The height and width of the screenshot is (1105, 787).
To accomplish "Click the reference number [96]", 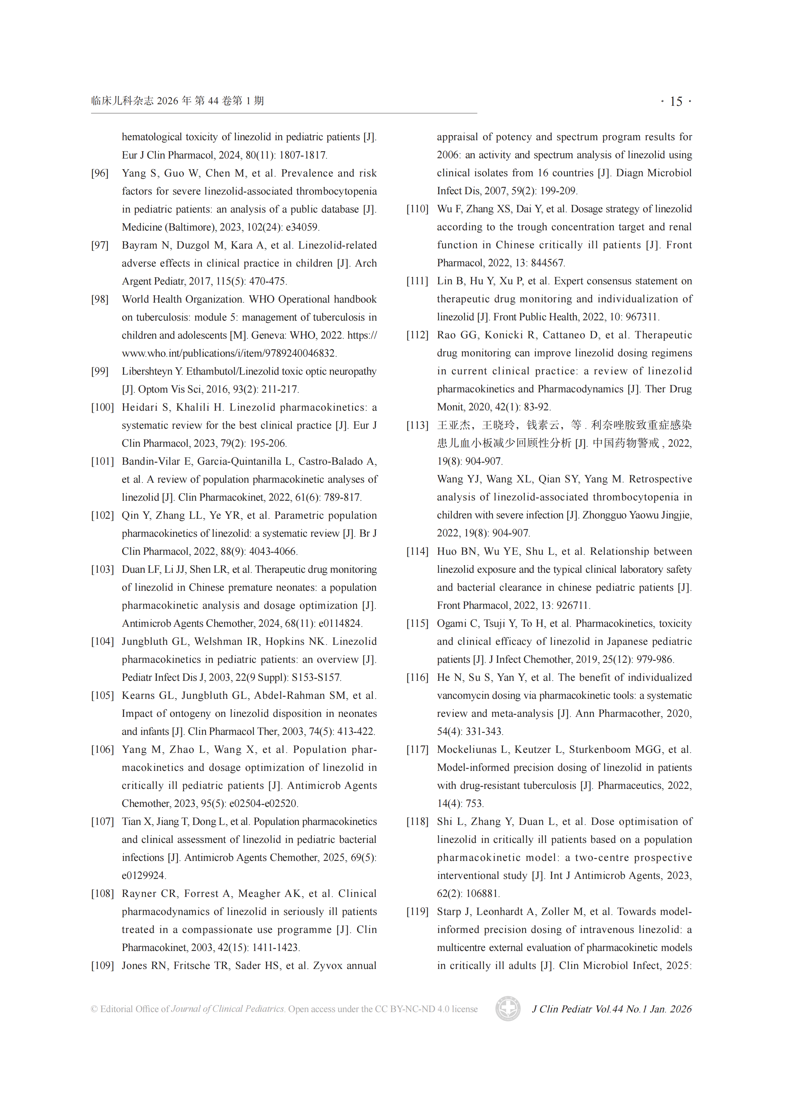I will coord(100,173).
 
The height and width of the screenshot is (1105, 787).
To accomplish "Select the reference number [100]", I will coord(102,407).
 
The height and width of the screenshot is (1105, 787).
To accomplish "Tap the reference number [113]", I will coord(417,425).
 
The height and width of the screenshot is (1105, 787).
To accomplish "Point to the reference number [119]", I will coord(417,911).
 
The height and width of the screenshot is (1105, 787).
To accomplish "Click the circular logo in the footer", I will coord(507,1009).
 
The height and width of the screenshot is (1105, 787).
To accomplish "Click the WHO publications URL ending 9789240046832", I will coord(229,353).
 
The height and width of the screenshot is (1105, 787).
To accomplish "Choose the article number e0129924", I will coord(143,875).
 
